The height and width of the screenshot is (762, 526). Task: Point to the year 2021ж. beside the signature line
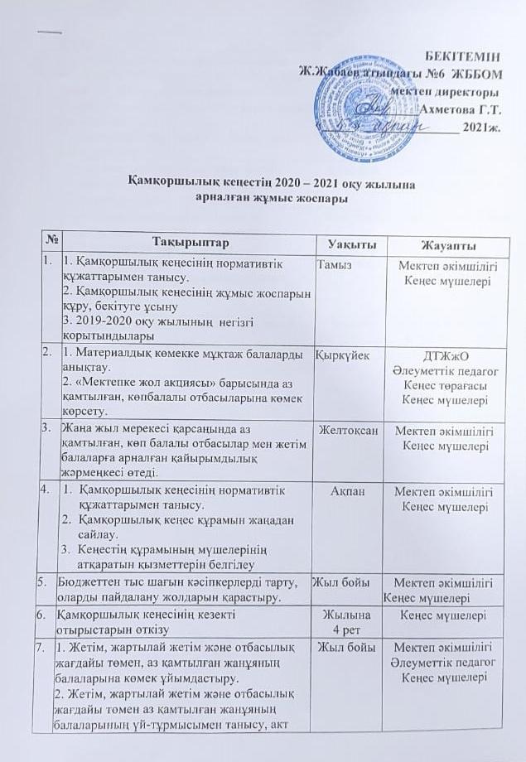point(482,128)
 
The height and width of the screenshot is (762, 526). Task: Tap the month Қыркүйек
point(340,354)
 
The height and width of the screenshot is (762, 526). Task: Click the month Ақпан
point(345,492)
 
